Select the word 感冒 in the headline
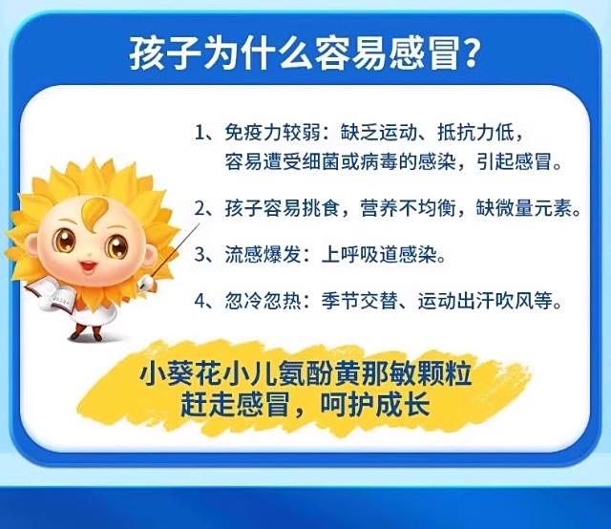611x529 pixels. coord(422,53)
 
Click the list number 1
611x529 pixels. coord(200,133)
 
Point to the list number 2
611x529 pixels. coord(200,208)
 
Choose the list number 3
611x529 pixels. coord(200,255)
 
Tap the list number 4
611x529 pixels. coord(200,301)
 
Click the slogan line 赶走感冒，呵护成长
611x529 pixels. coord(305,405)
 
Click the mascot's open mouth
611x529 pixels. coord(89,266)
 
